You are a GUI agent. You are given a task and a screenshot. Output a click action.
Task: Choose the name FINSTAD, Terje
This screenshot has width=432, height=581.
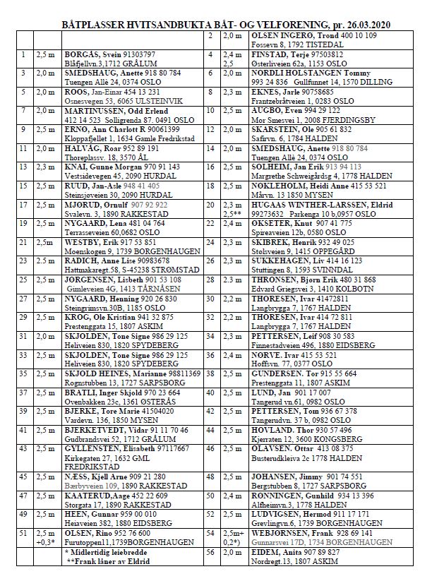click(x=265, y=54)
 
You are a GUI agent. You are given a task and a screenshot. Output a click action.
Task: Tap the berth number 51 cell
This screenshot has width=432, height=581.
click(x=24, y=533)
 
